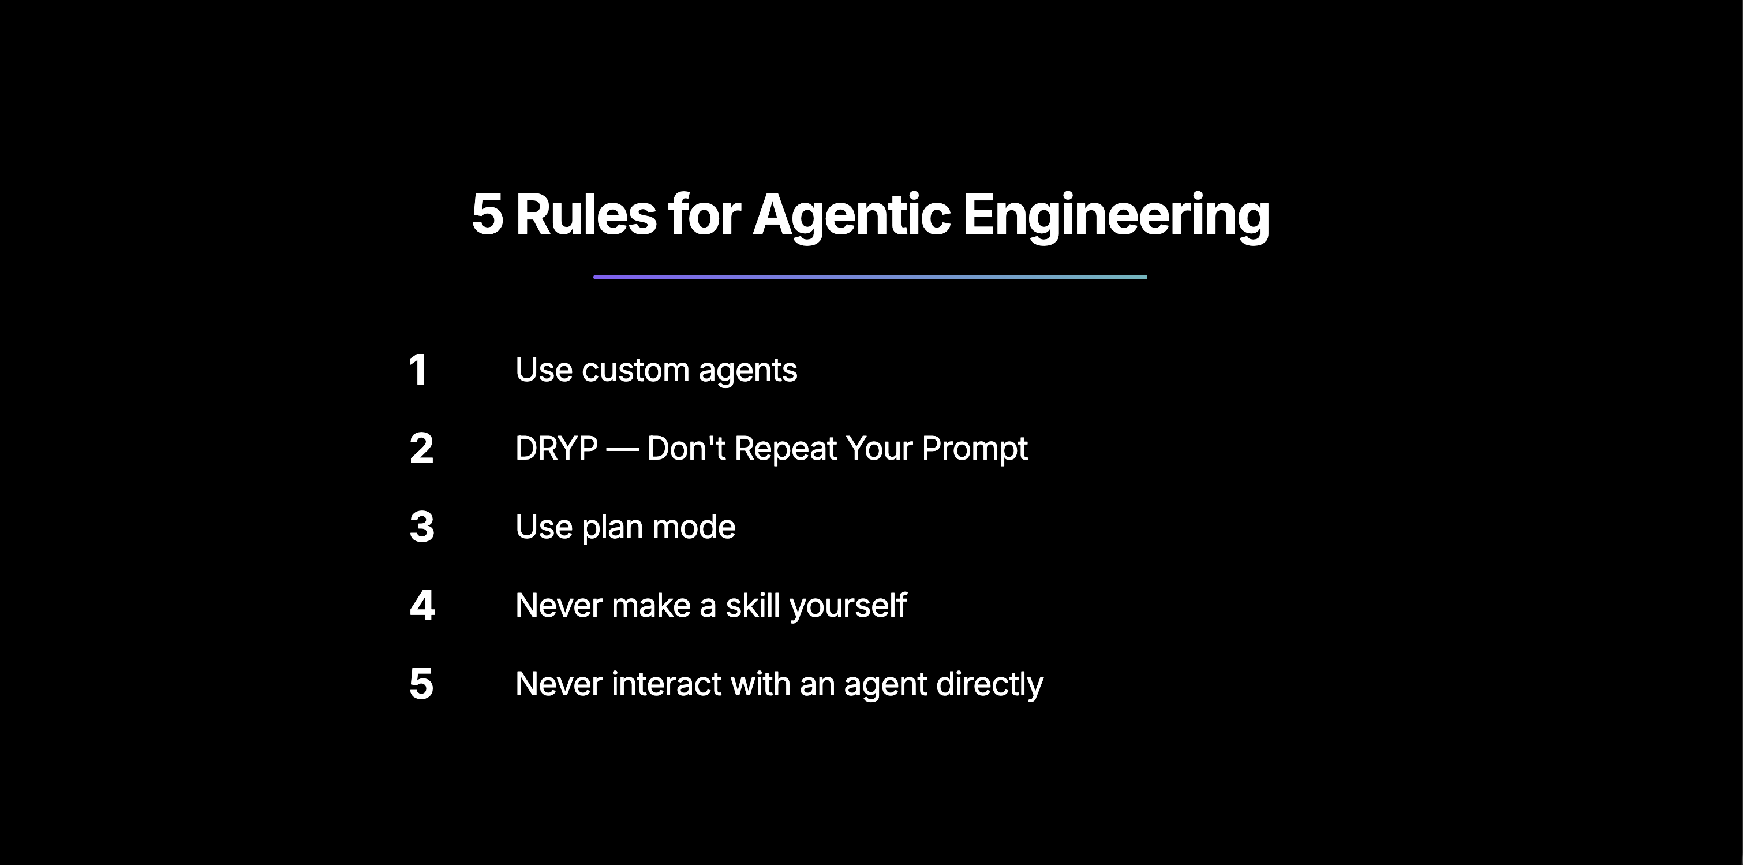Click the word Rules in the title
[x=585, y=215]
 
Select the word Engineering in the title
[x=1116, y=215]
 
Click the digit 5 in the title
[x=487, y=215]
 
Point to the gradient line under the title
[x=870, y=277]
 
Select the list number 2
[x=421, y=449]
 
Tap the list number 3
[x=421, y=527]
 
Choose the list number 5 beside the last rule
[x=421, y=684]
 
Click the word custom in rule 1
[x=635, y=370]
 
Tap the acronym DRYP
[x=556, y=449]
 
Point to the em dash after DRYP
[x=622, y=449]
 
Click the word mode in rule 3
[x=693, y=527]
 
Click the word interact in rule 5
[x=666, y=684]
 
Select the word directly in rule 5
[x=989, y=685]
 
